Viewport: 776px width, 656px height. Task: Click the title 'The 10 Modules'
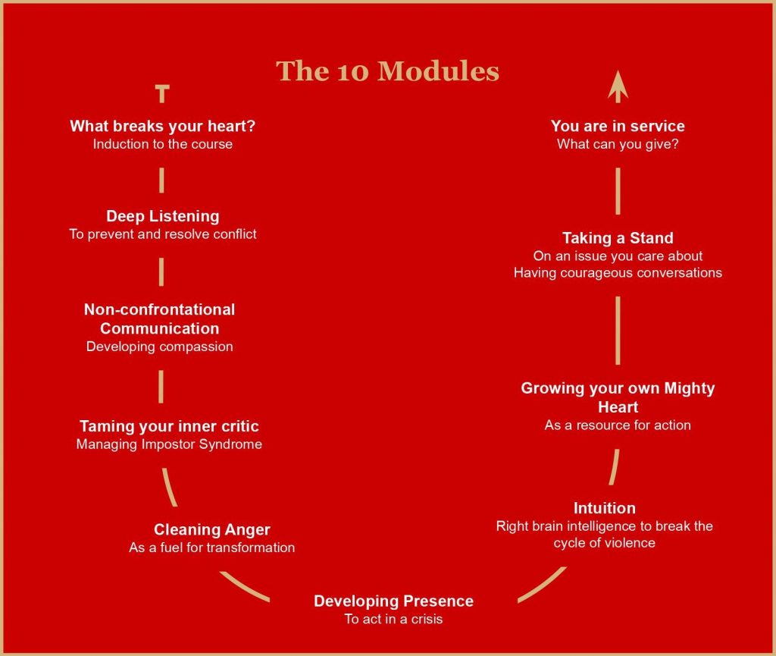pos(387,71)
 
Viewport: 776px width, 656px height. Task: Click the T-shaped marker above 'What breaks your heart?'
pos(162,93)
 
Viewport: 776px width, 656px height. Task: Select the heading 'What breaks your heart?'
pos(162,126)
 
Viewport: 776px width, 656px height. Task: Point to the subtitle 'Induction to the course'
pos(162,144)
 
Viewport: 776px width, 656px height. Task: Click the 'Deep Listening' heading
pos(162,216)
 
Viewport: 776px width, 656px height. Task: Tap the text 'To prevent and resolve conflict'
pos(162,234)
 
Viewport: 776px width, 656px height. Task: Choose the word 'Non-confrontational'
pos(159,309)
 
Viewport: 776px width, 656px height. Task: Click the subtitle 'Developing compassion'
pos(159,347)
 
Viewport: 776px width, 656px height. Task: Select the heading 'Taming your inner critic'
pos(169,426)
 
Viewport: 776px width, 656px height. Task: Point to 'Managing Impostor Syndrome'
pos(169,444)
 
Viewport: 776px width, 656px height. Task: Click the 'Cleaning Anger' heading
pos(212,530)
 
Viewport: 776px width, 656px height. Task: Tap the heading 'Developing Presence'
pos(393,601)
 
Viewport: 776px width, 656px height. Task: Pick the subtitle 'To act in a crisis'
pos(393,619)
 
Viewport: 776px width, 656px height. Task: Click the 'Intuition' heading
pos(604,508)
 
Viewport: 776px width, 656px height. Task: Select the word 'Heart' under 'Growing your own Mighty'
pos(618,407)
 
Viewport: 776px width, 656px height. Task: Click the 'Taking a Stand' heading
pos(618,238)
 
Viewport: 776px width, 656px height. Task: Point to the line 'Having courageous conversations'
pos(618,273)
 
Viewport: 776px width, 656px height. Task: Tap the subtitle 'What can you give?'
pos(618,144)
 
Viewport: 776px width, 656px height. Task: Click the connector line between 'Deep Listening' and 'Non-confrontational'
pos(161,272)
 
